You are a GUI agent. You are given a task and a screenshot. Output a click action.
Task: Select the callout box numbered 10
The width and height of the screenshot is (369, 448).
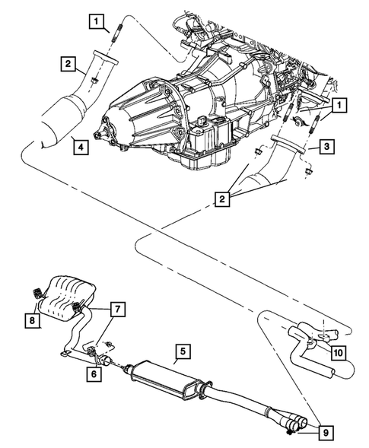pyautogui.click(x=337, y=351)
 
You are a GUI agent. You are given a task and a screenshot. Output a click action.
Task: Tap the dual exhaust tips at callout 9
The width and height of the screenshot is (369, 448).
pyautogui.click(x=291, y=419)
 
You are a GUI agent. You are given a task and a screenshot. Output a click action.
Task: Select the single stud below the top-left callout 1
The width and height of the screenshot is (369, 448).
pyautogui.click(x=118, y=35)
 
